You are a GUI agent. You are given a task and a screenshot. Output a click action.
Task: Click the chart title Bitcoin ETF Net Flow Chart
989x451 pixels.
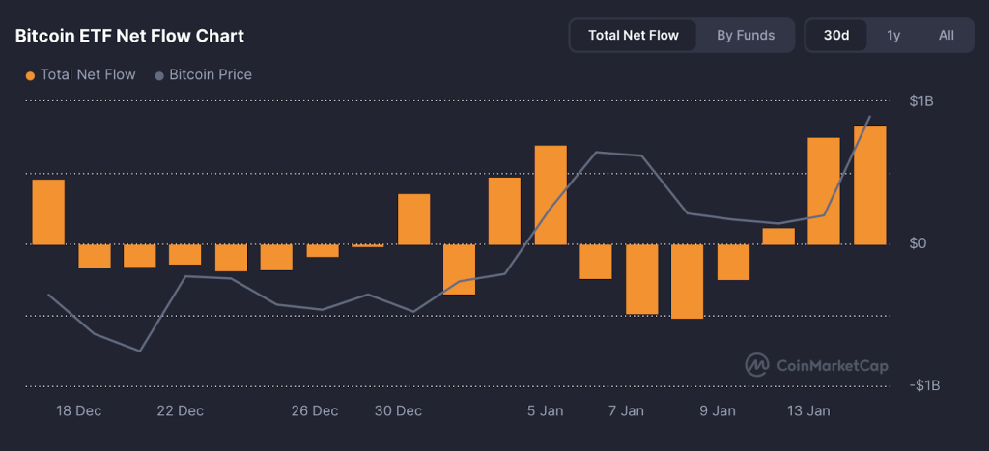(x=129, y=36)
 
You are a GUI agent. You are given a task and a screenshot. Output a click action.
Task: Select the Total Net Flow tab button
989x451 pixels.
(x=634, y=35)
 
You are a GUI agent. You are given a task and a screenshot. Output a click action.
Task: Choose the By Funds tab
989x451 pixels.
(x=746, y=35)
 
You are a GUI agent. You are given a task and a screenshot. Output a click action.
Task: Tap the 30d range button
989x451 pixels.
(x=836, y=35)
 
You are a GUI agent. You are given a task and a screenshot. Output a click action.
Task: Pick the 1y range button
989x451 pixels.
(x=893, y=35)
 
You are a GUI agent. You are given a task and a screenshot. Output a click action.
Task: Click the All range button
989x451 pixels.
(x=947, y=35)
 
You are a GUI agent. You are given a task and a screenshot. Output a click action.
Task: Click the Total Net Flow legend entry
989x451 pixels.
(x=81, y=74)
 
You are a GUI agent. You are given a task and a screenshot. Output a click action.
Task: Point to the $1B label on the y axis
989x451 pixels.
(x=920, y=101)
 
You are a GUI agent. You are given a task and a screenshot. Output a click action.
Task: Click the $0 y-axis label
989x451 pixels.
(x=918, y=243)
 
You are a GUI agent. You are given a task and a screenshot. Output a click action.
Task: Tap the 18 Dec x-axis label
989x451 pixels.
(x=79, y=410)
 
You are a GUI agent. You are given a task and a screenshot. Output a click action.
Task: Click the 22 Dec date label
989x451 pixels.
(x=180, y=410)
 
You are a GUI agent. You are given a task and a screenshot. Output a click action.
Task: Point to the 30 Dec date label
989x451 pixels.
(x=398, y=410)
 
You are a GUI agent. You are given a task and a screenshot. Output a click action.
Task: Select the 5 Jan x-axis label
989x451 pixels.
(x=546, y=410)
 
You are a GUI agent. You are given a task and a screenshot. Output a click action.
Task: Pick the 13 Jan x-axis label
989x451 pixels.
(x=808, y=410)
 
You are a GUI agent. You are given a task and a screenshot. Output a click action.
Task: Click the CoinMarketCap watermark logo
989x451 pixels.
(x=816, y=365)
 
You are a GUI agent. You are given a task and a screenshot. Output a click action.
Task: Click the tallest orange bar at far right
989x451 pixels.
(x=869, y=184)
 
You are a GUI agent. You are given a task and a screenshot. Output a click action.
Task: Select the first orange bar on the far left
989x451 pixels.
(x=48, y=211)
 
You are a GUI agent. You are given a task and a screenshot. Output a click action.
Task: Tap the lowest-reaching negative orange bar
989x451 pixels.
(x=687, y=281)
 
